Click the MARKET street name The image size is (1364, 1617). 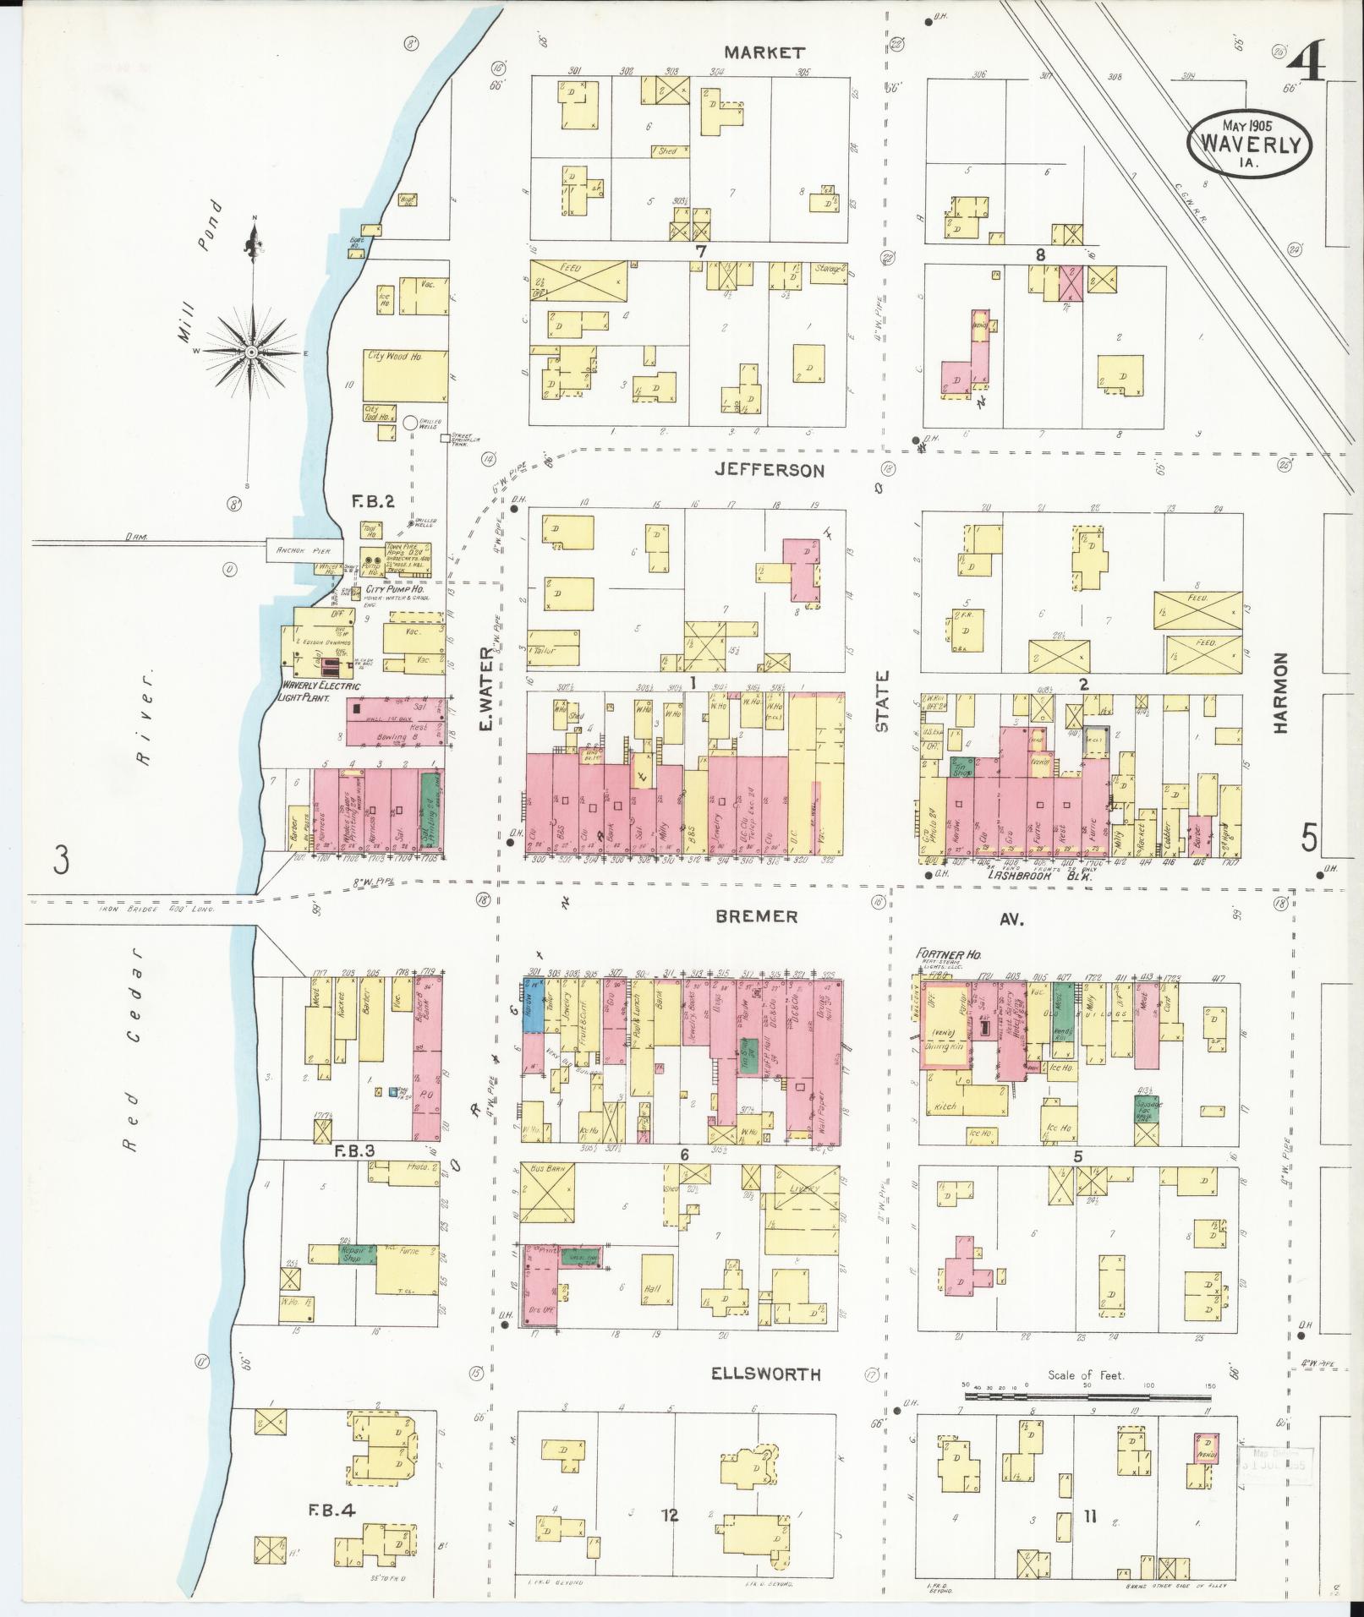click(x=764, y=52)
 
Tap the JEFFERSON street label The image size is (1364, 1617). click(x=769, y=471)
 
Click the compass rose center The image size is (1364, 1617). click(x=251, y=351)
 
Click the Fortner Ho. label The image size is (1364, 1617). click(x=946, y=954)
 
